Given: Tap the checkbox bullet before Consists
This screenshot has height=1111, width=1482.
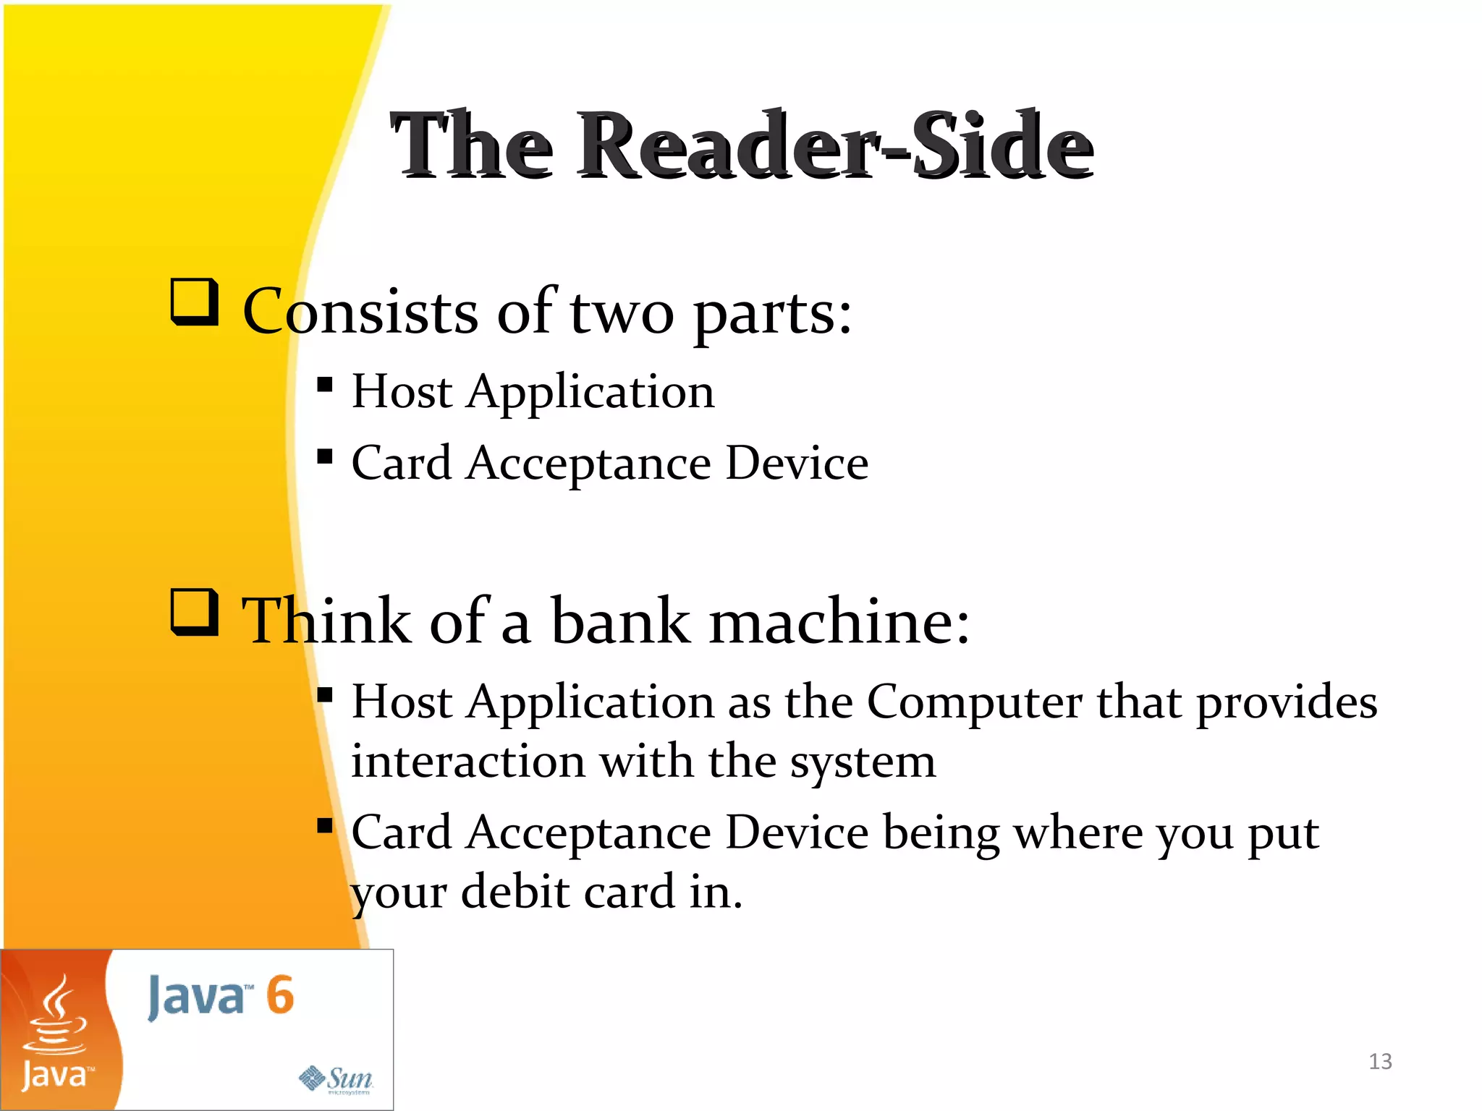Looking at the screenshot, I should pyautogui.click(x=195, y=302).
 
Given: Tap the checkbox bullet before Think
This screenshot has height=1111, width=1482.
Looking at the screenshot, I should pyautogui.click(x=195, y=612).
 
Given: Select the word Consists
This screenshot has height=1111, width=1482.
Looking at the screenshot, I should pyautogui.click(x=360, y=312).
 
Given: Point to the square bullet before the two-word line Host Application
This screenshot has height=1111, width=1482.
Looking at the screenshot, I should pyautogui.click(x=325, y=384).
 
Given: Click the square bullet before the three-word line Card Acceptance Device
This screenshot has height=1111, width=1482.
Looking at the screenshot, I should pyautogui.click(x=325, y=456).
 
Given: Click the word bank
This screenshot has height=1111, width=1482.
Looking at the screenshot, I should pyautogui.click(x=621, y=622).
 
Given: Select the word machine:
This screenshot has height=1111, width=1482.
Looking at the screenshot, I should pyautogui.click(x=839, y=622).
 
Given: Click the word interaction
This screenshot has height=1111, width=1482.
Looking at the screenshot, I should pyautogui.click(x=468, y=762).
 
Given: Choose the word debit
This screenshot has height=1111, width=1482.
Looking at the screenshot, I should pyautogui.click(x=516, y=893).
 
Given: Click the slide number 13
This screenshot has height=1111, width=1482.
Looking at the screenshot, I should pyautogui.click(x=1380, y=1061).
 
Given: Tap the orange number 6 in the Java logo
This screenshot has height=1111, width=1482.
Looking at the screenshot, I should pyautogui.click(x=280, y=995).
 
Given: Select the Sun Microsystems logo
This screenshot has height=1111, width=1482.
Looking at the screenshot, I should pyautogui.click(x=336, y=1080).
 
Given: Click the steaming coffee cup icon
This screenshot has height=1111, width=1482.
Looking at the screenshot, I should pyautogui.click(x=55, y=1016).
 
